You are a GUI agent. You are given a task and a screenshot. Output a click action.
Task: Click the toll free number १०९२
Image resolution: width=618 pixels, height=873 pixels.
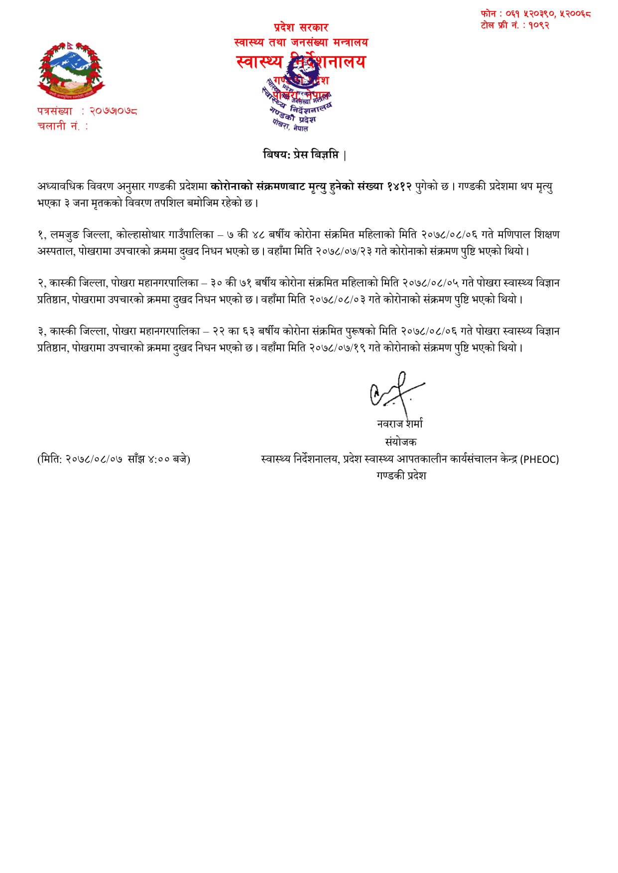539,25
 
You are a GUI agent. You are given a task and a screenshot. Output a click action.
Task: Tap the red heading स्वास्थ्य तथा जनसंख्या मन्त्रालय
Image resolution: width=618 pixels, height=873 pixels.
301,43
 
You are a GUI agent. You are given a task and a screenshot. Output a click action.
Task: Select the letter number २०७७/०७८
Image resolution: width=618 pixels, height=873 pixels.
113,111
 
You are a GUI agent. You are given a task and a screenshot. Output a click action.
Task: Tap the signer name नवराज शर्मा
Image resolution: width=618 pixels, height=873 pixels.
400,424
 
